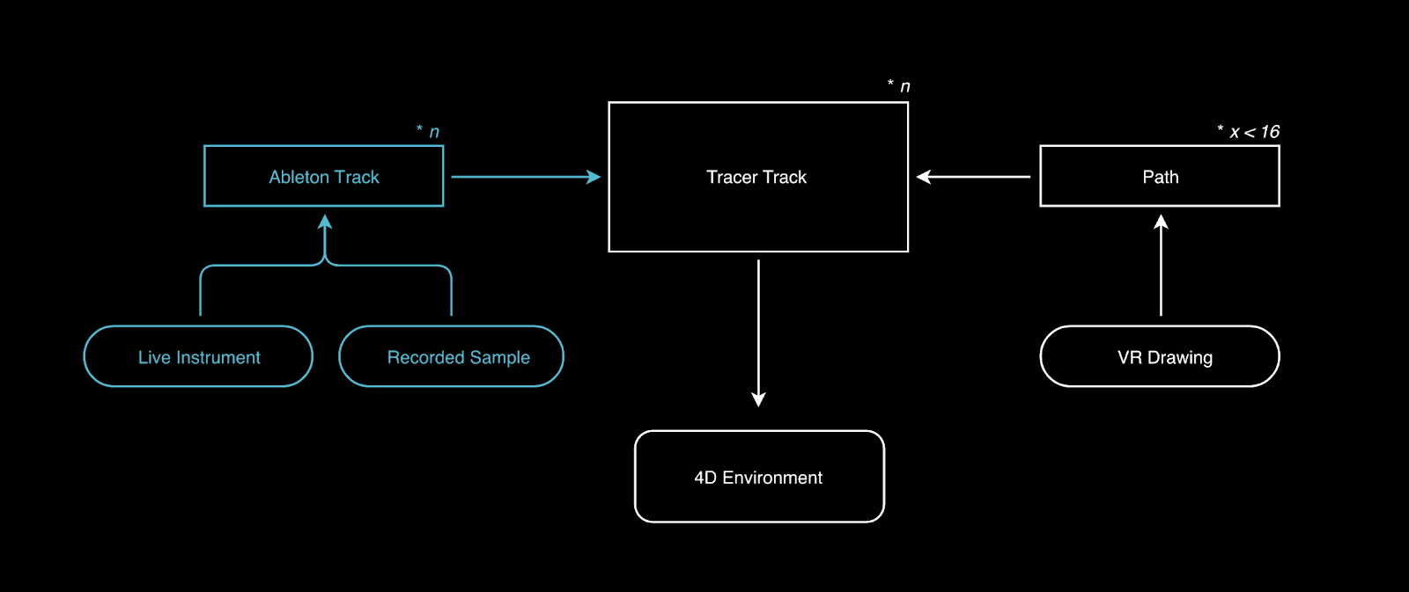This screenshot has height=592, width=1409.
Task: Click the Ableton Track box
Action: coord(324,176)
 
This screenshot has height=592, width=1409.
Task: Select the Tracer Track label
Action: coord(756,178)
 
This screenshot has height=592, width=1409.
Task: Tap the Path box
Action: coord(1160,176)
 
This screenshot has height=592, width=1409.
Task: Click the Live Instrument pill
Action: coord(198,356)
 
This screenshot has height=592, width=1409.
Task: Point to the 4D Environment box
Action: coord(759,477)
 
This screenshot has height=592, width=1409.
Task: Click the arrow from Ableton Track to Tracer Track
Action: coord(525,177)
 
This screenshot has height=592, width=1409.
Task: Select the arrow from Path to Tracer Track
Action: coord(973,177)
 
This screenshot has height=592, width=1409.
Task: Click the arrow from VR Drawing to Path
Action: coord(1161,265)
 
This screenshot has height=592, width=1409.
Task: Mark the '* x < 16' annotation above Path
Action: coord(1249,131)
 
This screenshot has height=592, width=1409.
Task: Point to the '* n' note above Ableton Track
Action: coord(428,131)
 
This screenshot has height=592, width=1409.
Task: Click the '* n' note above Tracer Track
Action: coord(899,85)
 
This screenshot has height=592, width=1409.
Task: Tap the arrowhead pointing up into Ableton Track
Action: coord(325,222)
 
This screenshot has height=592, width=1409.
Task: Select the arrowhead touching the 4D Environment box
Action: coord(758,399)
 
